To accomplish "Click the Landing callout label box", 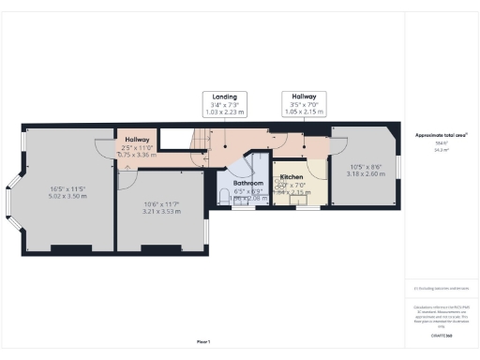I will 224,103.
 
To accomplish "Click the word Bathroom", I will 249,183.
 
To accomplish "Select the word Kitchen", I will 292,176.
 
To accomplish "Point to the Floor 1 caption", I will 203,341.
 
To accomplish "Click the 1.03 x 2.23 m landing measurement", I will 224,117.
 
